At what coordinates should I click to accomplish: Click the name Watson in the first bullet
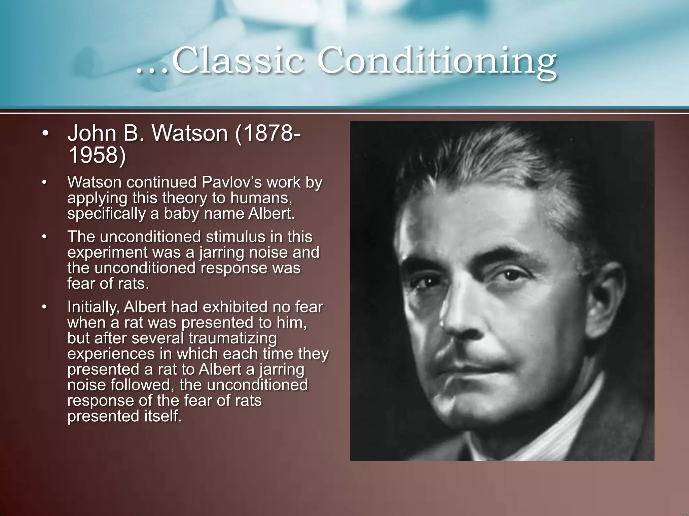(x=190, y=133)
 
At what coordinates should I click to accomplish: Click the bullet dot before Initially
(x=44, y=307)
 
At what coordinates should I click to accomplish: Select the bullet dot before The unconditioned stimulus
(x=44, y=237)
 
